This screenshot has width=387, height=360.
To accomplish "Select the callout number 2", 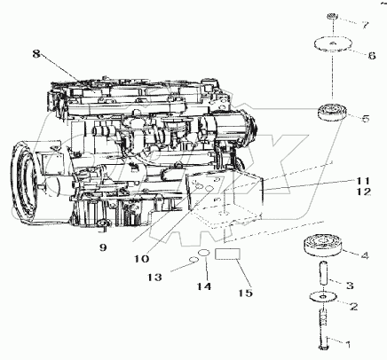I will [x=356, y=307].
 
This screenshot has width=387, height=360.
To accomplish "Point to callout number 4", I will [x=365, y=255].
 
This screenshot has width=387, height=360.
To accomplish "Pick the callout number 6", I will [x=372, y=54].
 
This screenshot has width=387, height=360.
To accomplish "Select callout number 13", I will [x=154, y=278].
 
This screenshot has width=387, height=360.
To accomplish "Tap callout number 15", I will [x=247, y=293].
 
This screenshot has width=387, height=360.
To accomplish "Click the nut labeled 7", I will [x=331, y=16].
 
